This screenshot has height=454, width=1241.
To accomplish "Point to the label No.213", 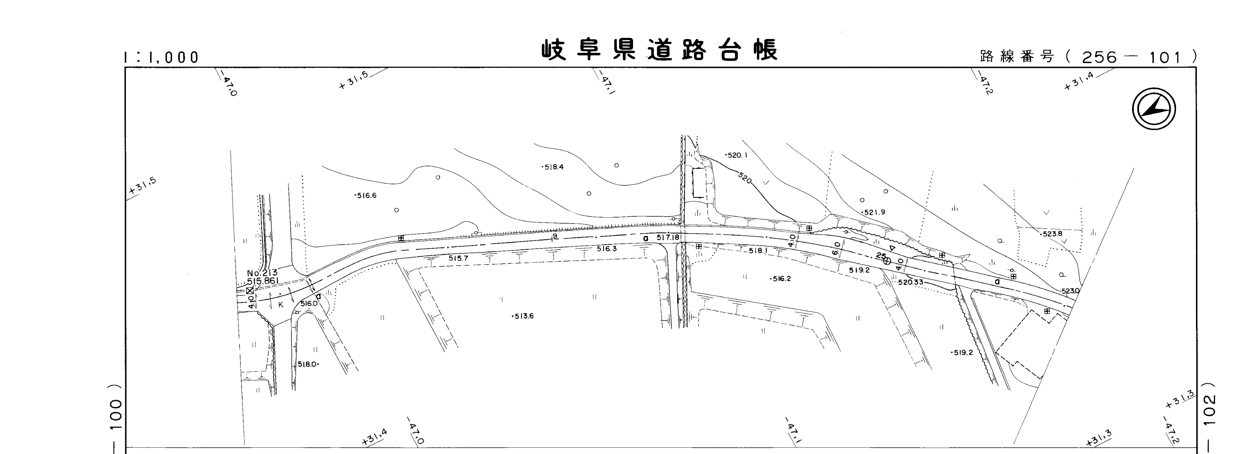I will coord(262,273).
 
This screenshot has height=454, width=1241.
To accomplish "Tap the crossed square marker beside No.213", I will coord(249,291).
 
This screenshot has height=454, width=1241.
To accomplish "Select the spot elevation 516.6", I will coord(366,196).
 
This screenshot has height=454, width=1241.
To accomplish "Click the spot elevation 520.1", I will coord(736,155).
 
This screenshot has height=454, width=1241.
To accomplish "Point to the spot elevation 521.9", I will coord(874,212).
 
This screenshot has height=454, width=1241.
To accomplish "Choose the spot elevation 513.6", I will coord(523,316).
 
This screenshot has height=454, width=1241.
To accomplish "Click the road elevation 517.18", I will coord(667,238).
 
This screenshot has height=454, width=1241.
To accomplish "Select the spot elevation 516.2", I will coord(781,279).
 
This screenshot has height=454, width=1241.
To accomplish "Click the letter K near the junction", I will coord(280,305).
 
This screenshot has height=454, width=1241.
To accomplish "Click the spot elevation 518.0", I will coord(307,364).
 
